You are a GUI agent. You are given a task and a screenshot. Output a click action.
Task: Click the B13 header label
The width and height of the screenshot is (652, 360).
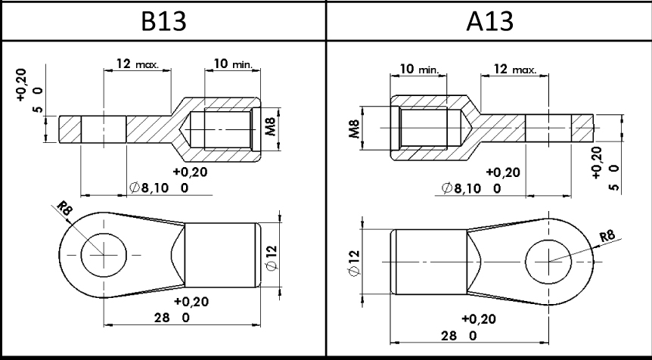point(163,20)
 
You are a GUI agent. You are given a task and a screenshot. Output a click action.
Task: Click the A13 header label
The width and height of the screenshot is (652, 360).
point(490,20)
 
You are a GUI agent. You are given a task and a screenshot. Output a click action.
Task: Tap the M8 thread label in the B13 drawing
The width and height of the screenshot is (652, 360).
point(270,127)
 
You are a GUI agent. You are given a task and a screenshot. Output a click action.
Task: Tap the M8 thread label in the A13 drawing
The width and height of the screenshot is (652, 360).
point(354,129)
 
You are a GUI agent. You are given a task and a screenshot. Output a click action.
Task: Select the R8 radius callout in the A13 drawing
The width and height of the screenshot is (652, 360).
point(607,236)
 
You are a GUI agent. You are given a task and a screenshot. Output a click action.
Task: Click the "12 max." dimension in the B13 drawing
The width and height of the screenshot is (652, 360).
point(137,64)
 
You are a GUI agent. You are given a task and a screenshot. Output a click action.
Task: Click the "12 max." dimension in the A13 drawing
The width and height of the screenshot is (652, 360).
point(515,69)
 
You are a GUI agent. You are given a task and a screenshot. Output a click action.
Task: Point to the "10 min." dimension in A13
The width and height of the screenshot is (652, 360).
point(419,69)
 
